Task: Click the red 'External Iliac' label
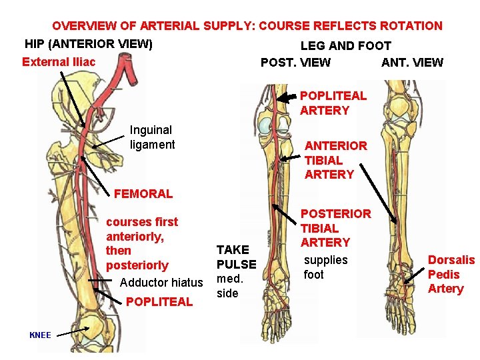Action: click(x=59, y=62)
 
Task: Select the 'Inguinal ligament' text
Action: click(x=152, y=137)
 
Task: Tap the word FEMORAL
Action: click(x=143, y=194)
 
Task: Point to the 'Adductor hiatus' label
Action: click(x=161, y=283)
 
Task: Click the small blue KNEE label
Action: click(x=40, y=335)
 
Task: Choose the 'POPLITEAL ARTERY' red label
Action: click(x=333, y=103)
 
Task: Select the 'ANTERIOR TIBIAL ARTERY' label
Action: click(x=335, y=160)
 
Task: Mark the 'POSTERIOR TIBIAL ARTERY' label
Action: click(x=336, y=228)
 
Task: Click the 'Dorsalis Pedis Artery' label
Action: click(x=451, y=274)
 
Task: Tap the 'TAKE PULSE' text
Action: click(x=232, y=257)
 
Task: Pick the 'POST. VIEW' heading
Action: click(x=295, y=63)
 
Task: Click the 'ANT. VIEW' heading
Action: click(x=412, y=63)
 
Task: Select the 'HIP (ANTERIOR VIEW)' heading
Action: click(x=89, y=45)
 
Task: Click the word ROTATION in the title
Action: click(x=411, y=26)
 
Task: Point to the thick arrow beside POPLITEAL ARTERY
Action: click(x=287, y=97)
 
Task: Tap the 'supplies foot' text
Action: click(x=325, y=267)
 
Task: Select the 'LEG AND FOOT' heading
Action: click(x=345, y=46)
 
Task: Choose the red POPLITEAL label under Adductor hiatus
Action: click(x=159, y=301)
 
